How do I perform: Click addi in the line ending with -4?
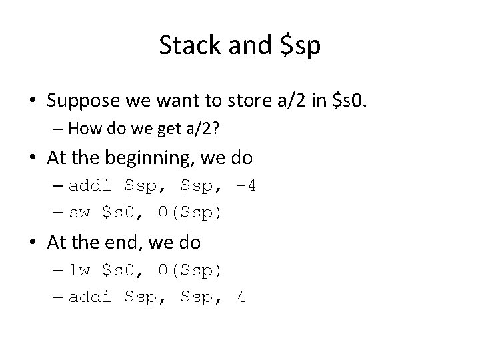(89, 185)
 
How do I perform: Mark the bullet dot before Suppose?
(32, 101)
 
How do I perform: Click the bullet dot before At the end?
(32, 243)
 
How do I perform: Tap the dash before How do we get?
(59, 127)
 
